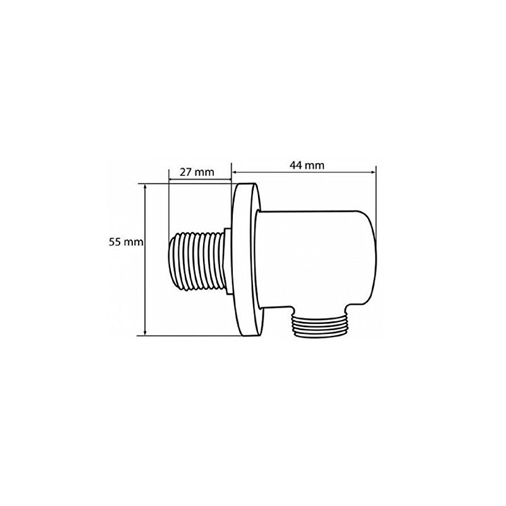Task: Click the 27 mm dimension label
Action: tap(196, 172)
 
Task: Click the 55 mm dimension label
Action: tap(124, 242)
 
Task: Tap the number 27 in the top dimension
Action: tap(187, 172)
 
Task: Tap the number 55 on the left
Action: tap(114, 242)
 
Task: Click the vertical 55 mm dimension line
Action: tap(146, 285)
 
